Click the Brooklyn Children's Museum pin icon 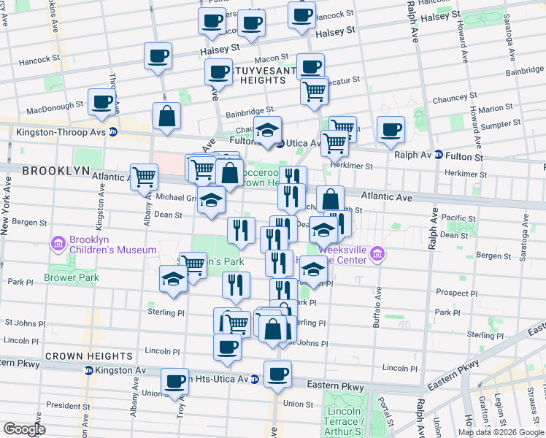(57, 243)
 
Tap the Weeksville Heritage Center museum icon (377, 254)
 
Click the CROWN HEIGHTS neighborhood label (89, 356)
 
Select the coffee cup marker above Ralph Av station (391, 129)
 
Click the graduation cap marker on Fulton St (268, 130)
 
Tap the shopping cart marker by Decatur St (315, 91)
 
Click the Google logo (23, 429)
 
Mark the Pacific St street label (459, 218)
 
